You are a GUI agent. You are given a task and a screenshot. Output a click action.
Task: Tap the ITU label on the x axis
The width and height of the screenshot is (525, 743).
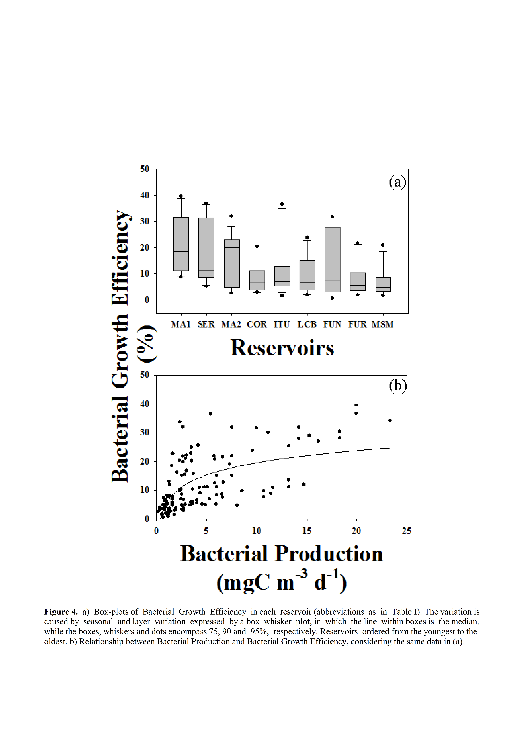click(x=281, y=324)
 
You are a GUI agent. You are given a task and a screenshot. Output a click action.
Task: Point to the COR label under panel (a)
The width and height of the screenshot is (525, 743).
click(x=257, y=324)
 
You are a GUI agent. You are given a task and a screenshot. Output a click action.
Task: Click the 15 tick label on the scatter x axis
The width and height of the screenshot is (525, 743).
click(x=307, y=531)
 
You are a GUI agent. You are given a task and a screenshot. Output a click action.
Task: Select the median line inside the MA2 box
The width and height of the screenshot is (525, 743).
click(x=232, y=248)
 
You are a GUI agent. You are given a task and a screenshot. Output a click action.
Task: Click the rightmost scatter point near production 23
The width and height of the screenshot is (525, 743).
click(x=390, y=420)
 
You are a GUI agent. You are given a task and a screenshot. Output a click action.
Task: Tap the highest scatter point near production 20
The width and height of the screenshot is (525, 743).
click(x=356, y=405)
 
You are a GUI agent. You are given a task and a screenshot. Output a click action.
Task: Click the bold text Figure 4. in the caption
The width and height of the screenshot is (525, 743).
click(x=61, y=612)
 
